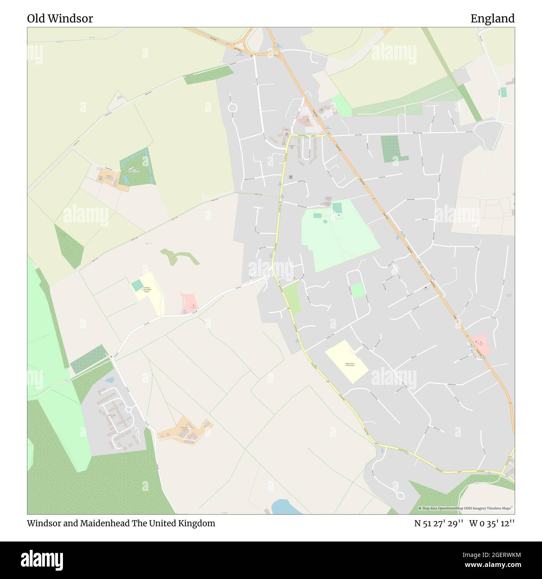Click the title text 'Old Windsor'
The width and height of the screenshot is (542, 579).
pos(60,19)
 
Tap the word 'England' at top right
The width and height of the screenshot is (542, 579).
pos(492,19)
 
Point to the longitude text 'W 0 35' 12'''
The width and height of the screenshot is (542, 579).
pos(492,523)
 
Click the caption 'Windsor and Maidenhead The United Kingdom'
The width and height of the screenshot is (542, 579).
pos(121,523)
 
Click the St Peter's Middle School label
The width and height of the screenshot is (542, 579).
pos(146,290)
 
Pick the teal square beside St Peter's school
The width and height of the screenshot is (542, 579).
pos(137,286)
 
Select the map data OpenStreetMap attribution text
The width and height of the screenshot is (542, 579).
pos(466,508)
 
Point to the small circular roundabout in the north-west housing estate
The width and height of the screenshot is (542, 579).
pos(232,108)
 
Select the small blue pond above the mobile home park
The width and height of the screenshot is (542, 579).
pos(110,380)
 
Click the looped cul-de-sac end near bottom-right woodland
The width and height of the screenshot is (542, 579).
pos(400,496)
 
